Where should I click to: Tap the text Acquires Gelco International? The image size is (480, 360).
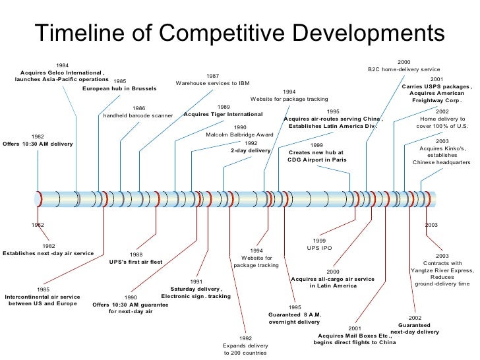coord(62,72)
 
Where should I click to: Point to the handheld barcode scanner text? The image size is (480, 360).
coord(138,115)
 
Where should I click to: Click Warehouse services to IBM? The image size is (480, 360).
coord(213,83)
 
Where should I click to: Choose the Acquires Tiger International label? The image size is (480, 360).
coord(223,114)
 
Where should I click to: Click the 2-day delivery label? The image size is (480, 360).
coord(251,150)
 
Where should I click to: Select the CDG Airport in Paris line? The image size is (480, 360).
coord(316,159)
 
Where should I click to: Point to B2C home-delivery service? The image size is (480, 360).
coord(404,69)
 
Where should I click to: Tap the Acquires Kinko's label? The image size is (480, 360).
coord(442,148)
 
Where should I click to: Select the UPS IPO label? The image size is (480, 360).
coord(319,248)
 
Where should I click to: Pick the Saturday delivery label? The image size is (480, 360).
coord(196,289)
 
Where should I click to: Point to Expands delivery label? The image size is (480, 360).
coord(245,345)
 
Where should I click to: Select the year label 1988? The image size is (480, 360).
coord(136,253)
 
